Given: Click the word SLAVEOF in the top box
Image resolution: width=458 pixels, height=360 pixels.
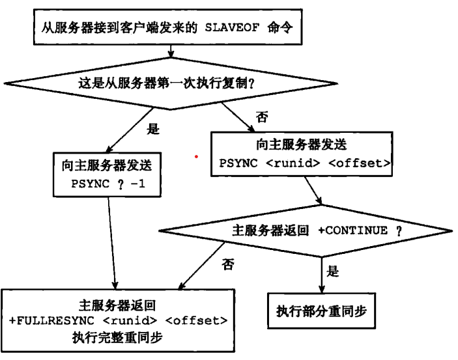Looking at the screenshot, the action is pyautogui.click(x=232, y=28).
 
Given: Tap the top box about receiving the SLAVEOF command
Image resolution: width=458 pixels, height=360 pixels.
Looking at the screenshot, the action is pyautogui.click(x=167, y=27).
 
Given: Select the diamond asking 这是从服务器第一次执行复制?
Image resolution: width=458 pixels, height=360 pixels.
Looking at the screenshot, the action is pyautogui.click(x=171, y=83).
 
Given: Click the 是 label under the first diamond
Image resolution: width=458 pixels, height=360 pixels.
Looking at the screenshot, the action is pyautogui.click(x=153, y=129).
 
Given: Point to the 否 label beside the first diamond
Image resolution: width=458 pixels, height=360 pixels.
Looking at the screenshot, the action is pyautogui.click(x=262, y=117).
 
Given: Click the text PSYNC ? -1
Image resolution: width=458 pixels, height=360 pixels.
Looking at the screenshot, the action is pyautogui.click(x=108, y=184).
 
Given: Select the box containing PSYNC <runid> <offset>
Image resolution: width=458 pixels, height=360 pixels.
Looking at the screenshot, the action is pyautogui.click(x=302, y=154).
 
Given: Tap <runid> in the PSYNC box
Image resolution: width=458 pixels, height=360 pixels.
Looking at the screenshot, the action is pyautogui.click(x=293, y=163).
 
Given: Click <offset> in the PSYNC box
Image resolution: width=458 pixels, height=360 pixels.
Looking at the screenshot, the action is pyautogui.click(x=360, y=163).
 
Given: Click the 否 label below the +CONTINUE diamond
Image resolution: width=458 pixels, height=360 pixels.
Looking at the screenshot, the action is pyautogui.click(x=228, y=264).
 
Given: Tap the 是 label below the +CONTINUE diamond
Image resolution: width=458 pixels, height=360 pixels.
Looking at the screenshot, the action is pyautogui.click(x=333, y=271).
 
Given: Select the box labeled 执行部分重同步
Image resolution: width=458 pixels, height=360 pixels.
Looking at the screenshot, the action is pyautogui.click(x=322, y=311).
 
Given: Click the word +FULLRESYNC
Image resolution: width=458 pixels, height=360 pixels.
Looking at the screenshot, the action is pyautogui.click(x=51, y=320).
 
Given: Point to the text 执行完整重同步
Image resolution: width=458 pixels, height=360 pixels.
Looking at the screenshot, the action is pyautogui.click(x=117, y=337).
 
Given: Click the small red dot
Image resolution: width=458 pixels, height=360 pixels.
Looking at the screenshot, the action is pyautogui.click(x=196, y=157).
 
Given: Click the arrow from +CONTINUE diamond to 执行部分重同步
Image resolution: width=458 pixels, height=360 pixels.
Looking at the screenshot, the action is pyautogui.click(x=322, y=275).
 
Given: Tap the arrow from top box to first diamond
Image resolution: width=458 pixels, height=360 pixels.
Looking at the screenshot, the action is pyautogui.click(x=171, y=51).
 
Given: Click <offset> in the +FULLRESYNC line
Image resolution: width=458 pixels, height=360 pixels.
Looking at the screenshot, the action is pyautogui.click(x=196, y=320).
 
